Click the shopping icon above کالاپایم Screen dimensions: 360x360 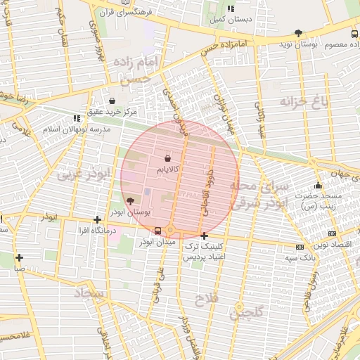(167, 160)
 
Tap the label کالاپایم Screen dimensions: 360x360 (167, 170)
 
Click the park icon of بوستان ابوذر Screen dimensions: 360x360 (129, 201)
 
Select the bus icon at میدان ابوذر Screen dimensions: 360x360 (157, 230)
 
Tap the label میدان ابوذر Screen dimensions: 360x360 (155, 242)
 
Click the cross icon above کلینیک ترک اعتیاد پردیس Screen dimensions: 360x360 (204, 236)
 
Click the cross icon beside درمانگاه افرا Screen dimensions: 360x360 (97, 220)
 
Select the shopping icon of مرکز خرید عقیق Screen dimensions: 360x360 (112, 101)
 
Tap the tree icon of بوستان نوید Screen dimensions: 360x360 (299, 33)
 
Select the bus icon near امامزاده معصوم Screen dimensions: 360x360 (354, 33)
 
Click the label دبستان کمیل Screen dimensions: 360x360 (231, 20)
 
